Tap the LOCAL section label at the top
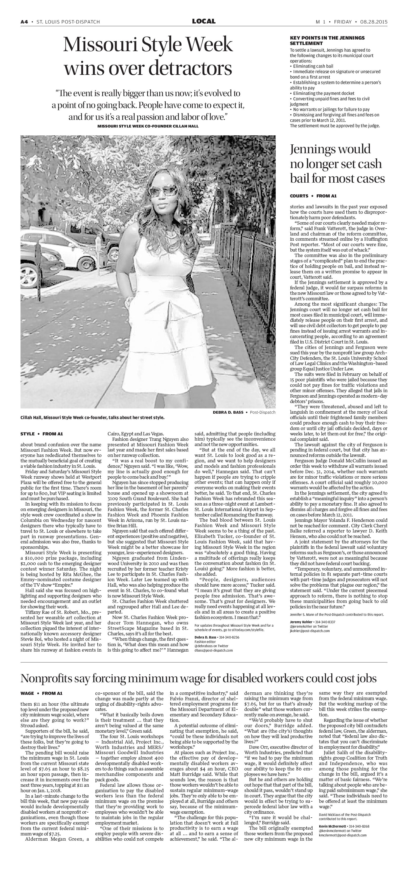[204, 21]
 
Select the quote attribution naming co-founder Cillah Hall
[148, 126]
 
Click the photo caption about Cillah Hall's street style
[92, 418]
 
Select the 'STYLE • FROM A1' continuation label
[42, 433]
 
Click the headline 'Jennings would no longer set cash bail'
[337, 164]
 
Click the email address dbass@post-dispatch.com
[213, 650]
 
